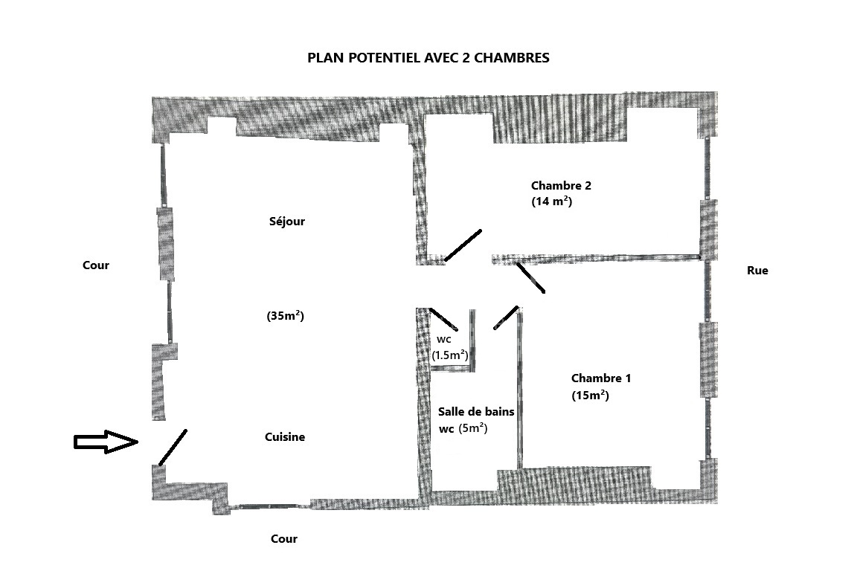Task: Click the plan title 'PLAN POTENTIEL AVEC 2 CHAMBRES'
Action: click(x=428, y=58)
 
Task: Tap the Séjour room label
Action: click(x=287, y=222)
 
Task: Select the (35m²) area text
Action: click(x=286, y=316)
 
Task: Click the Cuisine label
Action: click(x=285, y=437)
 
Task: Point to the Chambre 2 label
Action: click(x=561, y=186)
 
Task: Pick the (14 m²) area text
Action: click(x=551, y=201)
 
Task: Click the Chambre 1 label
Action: click(x=600, y=378)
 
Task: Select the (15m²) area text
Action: click(x=590, y=395)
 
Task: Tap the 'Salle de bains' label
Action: click(x=476, y=412)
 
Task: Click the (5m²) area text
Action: click(x=473, y=428)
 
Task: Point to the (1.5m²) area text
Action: click(x=450, y=355)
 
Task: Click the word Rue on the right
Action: click(x=757, y=271)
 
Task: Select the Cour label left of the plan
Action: click(x=96, y=265)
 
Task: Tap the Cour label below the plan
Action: click(x=284, y=539)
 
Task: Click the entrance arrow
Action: click(x=106, y=442)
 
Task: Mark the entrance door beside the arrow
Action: click(x=173, y=448)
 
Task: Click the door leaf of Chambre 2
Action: click(x=463, y=245)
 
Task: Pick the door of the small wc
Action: click(x=443, y=320)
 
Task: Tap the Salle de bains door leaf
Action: click(x=506, y=317)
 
